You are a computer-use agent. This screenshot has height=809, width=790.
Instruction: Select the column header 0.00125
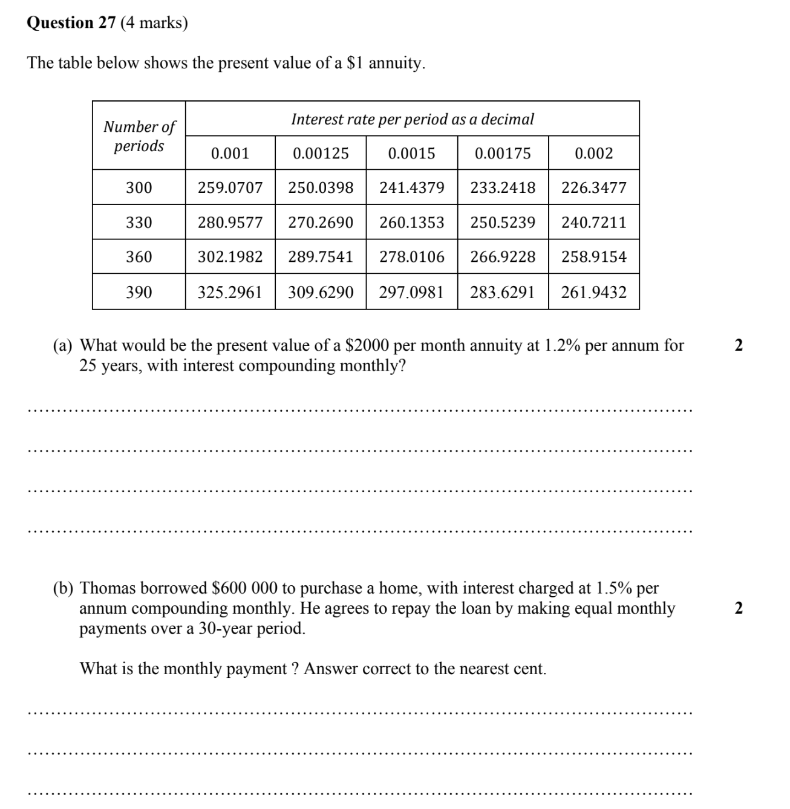pyautogui.click(x=321, y=154)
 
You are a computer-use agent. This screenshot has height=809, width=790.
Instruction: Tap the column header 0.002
pyautogui.click(x=593, y=154)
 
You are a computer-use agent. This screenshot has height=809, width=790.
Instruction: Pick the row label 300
pyautogui.click(x=139, y=188)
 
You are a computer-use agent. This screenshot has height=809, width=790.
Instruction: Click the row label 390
pyautogui.click(x=139, y=293)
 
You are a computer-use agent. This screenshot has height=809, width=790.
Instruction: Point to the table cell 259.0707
pyautogui.click(x=230, y=188)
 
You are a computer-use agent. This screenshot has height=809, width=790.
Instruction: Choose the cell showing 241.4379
pyautogui.click(x=411, y=188)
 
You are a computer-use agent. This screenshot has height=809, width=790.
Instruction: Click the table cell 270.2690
pyautogui.click(x=321, y=223)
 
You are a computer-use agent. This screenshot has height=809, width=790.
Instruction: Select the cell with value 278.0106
pyautogui.click(x=411, y=257)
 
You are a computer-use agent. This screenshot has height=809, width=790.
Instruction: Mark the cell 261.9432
pyautogui.click(x=593, y=293)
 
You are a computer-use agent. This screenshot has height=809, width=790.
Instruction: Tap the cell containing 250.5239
pyautogui.click(x=503, y=223)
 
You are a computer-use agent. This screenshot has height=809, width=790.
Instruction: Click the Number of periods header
pyautogui.click(x=139, y=136)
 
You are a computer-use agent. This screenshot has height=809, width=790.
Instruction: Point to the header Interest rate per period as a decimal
pyautogui.click(x=413, y=119)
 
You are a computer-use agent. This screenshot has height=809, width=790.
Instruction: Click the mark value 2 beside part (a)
pyautogui.click(x=738, y=346)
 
